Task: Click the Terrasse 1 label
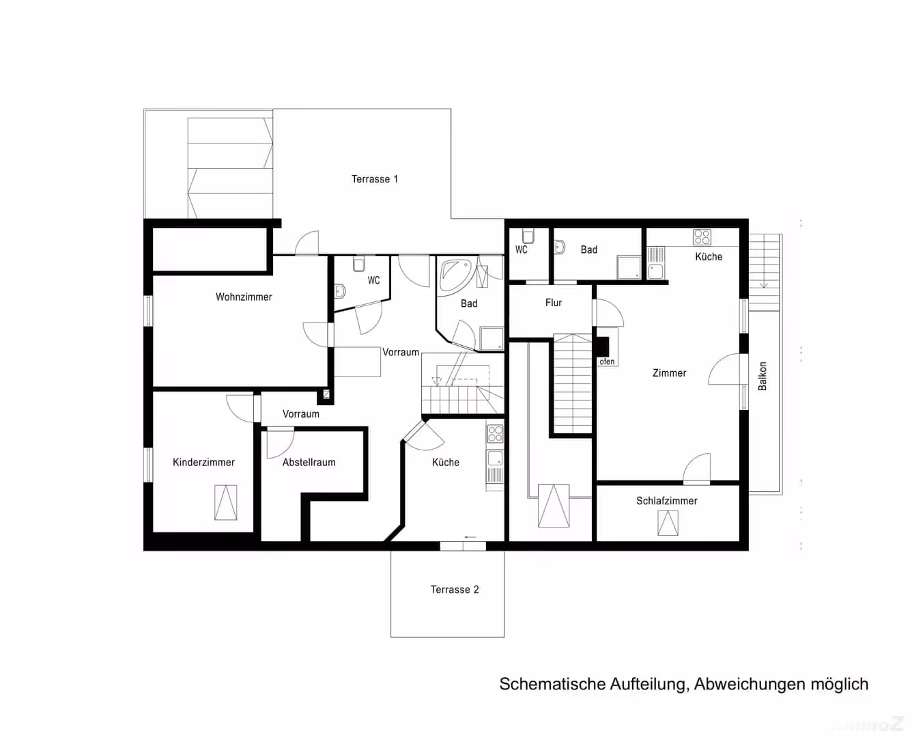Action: click(375, 179)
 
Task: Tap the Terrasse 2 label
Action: click(455, 590)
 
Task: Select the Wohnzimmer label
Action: click(244, 297)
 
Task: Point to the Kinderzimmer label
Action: click(204, 463)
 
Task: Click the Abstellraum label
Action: click(309, 463)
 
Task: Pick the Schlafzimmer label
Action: click(667, 501)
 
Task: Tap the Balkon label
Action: click(762, 377)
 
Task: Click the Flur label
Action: click(554, 303)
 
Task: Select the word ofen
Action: click(607, 361)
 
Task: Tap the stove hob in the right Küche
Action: click(702, 237)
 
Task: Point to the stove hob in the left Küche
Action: click(495, 434)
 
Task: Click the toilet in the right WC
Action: click(528, 236)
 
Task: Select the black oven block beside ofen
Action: click(603, 346)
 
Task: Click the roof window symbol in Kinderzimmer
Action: click(226, 503)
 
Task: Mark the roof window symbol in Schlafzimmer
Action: click(668, 523)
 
